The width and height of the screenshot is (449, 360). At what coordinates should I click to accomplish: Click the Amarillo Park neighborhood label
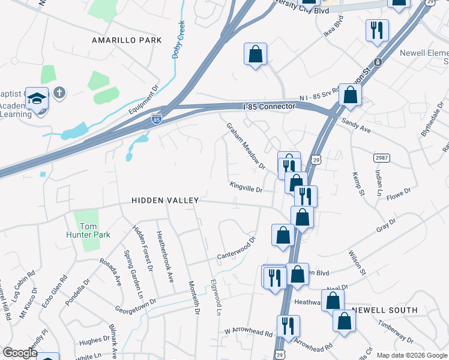[x=127, y=40]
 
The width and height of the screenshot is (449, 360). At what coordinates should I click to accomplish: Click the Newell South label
[x=385, y=310]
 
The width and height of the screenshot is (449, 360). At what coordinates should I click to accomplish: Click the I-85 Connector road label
[x=270, y=106]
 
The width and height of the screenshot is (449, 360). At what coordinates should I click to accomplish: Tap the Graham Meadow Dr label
[x=245, y=146]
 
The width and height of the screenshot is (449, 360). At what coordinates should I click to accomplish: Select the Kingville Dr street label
[x=246, y=188]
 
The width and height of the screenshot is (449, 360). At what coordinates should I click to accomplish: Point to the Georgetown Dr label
[x=136, y=306]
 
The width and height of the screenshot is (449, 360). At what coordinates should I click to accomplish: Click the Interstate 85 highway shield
[x=157, y=120]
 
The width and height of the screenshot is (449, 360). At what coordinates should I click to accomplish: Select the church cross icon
[x=58, y=93]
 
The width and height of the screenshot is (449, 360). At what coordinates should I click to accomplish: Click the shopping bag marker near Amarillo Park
[x=255, y=54]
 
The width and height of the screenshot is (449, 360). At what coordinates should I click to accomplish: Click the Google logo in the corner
[x=20, y=352]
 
